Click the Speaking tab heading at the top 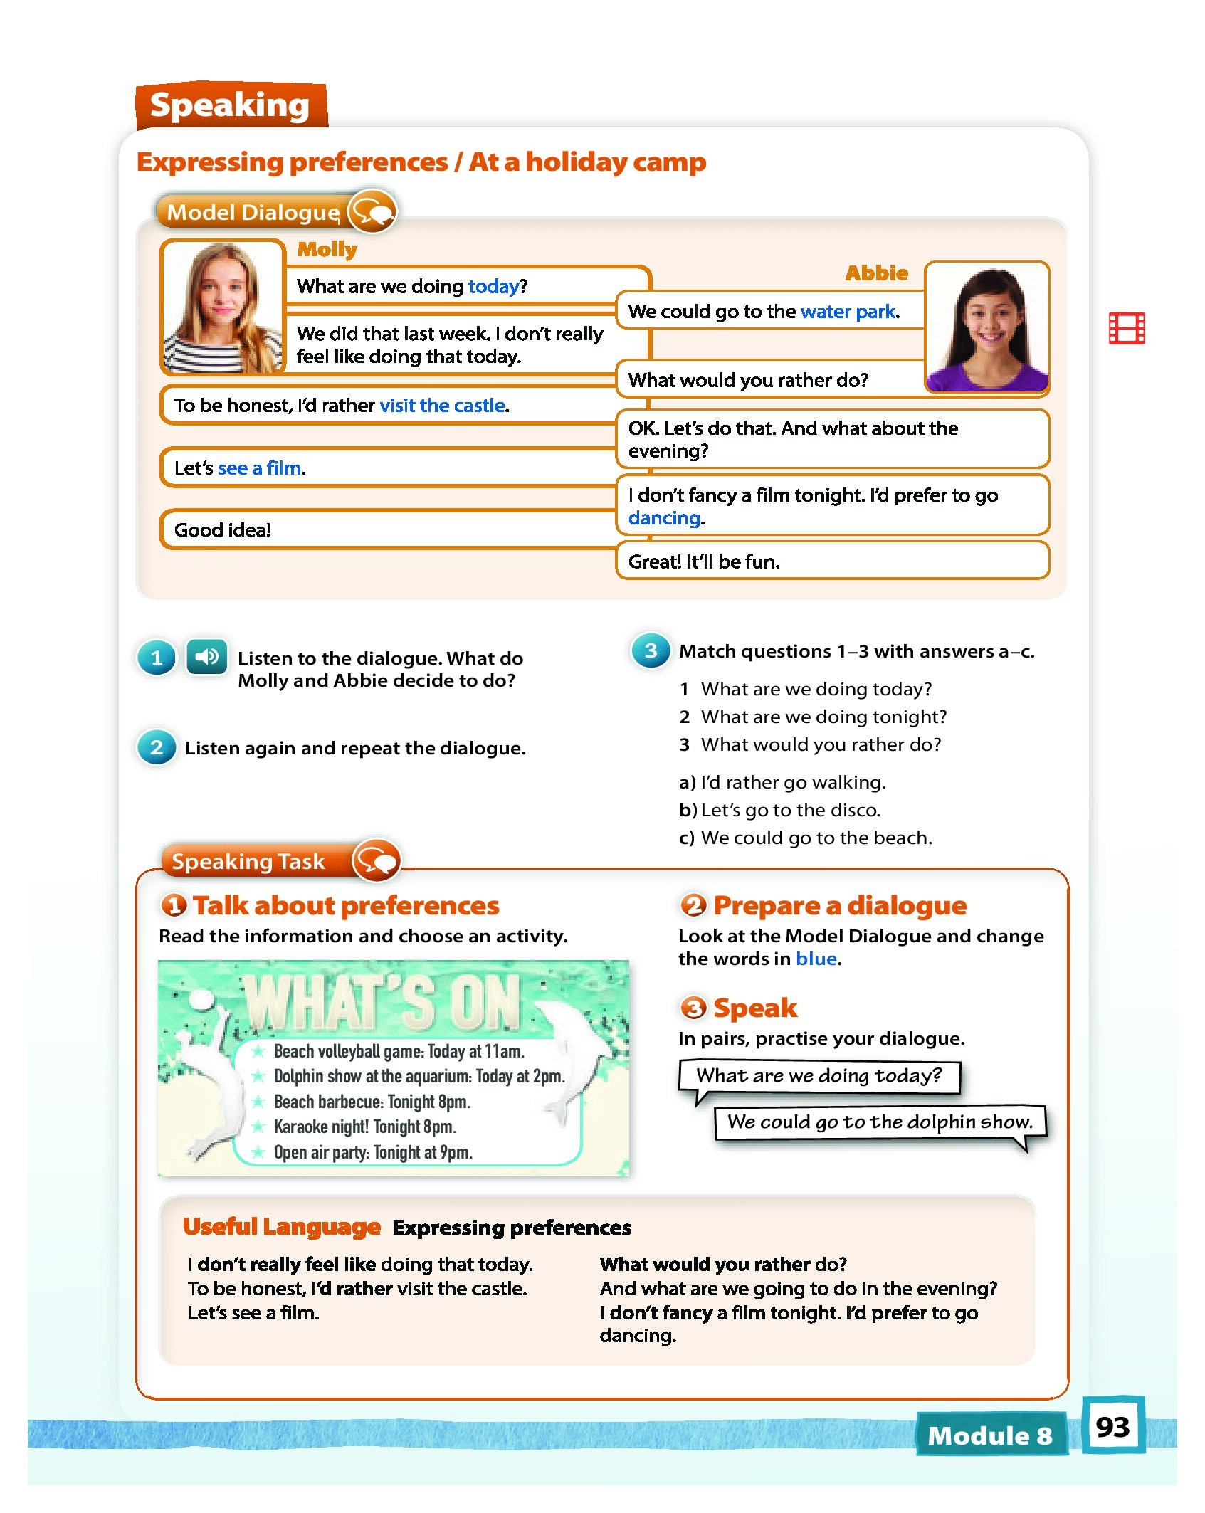[230, 105]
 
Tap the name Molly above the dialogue [327, 249]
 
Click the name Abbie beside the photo [876, 273]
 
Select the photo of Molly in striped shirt [223, 307]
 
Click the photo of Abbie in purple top [986, 328]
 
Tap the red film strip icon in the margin [1126, 328]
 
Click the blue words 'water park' [848, 312]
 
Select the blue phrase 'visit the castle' [443, 406]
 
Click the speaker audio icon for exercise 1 [206, 656]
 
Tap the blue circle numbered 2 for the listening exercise [157, 747]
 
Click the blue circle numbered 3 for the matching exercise [651, 650]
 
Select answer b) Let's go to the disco [780, 810]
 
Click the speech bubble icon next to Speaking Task [377, 860]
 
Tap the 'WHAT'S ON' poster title [384, 1001]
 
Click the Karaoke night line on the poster [364, 1127]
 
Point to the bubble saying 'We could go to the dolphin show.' [880, 1122]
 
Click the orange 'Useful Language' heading [282, 1226]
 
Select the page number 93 [1112, 1427]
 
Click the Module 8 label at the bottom [990, 1435]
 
